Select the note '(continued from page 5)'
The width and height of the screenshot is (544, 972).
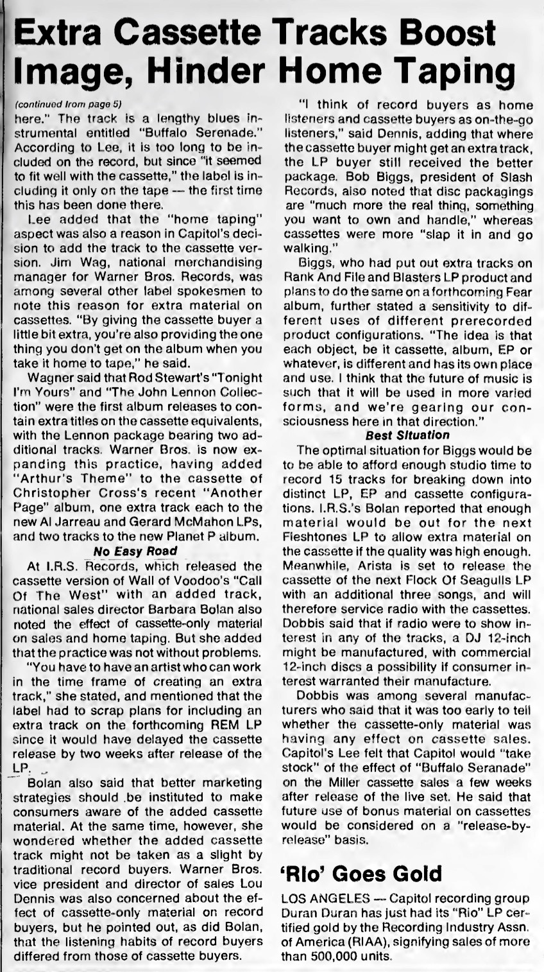coord(67,103)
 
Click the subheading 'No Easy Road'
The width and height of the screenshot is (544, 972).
coord(135,551)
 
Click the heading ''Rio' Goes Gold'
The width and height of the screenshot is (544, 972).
coord(361,874)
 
